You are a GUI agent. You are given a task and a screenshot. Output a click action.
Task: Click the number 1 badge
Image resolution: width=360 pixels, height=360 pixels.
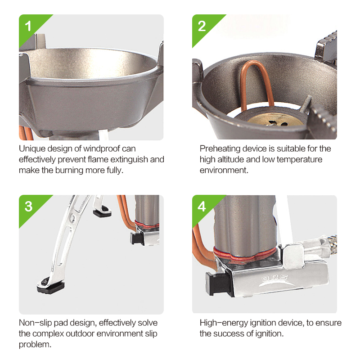(28, 26)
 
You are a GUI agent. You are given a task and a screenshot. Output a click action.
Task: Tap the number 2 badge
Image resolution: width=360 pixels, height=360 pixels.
(202, 26)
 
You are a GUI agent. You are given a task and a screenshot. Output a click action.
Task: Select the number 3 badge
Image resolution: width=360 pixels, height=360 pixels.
(28, 207)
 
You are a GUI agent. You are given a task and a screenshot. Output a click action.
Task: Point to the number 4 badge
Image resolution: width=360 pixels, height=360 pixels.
(202, 206)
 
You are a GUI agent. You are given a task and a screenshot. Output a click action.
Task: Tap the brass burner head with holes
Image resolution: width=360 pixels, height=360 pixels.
(276, 119)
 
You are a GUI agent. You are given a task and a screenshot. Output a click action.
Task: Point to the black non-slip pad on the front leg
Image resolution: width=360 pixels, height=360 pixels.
(50, 286)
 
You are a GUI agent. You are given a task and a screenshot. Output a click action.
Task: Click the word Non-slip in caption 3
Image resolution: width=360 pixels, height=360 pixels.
(36, 323)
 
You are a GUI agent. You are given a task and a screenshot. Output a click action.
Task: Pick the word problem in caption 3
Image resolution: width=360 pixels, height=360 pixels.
(35, 345)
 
